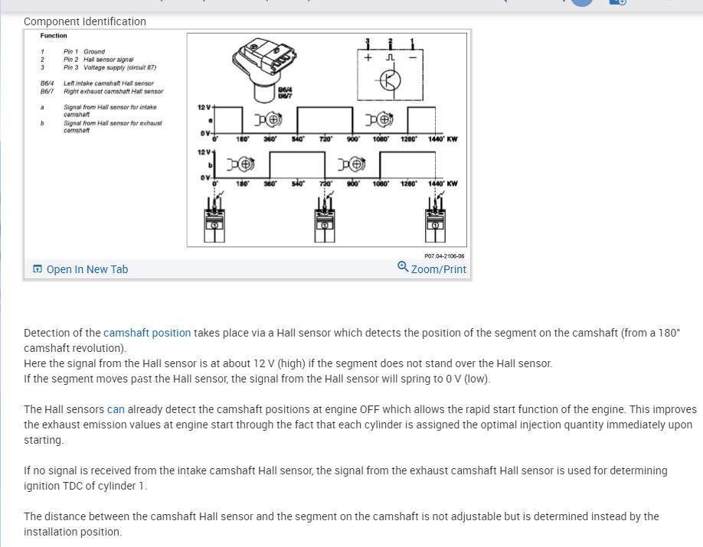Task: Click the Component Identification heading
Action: (84, 21)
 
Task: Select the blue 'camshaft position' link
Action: (147, 333)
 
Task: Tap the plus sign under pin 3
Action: (368, 58)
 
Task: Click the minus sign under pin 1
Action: (412, 58)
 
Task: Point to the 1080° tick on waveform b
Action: (381, 184)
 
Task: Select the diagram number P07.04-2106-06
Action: (444, 256)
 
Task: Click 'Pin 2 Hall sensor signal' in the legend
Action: (99, 59)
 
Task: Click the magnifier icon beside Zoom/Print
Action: (403, 267)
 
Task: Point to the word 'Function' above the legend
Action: (54, 36)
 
